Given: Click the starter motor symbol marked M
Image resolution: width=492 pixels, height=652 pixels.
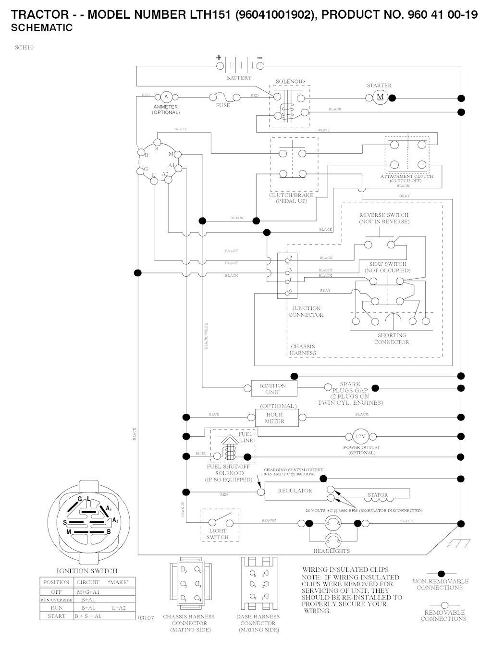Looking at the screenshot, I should (x=380, y=98).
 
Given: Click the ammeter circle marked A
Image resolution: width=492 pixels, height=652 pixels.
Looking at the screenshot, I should (x=166, y=97).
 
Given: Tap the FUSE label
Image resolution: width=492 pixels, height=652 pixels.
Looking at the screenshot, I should (x=223, y=106).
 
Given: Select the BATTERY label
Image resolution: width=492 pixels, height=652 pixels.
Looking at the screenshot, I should (x=239, y=78).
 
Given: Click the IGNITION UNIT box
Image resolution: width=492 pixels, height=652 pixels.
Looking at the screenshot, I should (x=272, y=389).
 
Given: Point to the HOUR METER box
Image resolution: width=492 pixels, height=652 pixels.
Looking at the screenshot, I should (x=274, y=418).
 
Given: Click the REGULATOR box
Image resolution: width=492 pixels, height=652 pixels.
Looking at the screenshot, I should (x=295, y=491).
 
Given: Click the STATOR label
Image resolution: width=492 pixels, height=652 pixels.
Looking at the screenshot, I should (x=378, y=495).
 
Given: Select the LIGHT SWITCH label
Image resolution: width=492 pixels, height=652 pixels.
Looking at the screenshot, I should (x=218, y=534).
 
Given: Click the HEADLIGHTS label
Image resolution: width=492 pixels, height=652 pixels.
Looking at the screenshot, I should (x=332, y=551).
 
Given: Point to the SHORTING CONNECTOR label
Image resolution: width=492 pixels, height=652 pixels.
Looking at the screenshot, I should (x=392, y=339).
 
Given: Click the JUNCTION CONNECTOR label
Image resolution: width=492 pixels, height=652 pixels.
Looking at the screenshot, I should (x=306, y=312).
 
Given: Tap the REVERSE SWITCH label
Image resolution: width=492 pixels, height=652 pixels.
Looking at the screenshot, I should (x=384, y=218).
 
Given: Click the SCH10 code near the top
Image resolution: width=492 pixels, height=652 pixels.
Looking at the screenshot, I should (x=24, y=48).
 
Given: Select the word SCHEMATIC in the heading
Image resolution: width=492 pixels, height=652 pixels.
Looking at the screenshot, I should (x=42, y=28).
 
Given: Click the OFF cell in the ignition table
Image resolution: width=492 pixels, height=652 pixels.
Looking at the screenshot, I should (x=56, y=592).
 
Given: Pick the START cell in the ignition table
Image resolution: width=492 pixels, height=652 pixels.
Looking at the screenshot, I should (x=56, y=616).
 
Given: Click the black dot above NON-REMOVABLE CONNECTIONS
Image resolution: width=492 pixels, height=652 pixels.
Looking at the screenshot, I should (x=441, y=574).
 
